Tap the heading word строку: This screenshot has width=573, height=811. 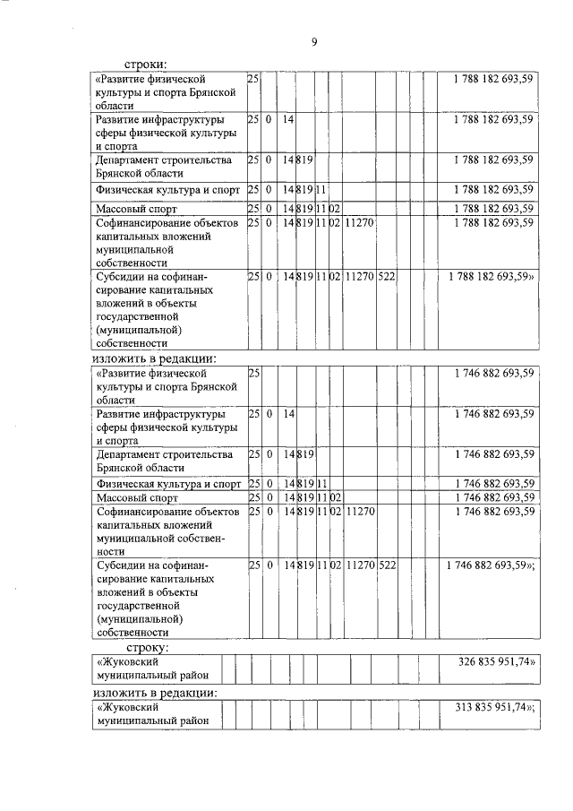click(x=149, y=646)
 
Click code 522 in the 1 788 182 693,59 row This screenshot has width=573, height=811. click(x=387, y=277)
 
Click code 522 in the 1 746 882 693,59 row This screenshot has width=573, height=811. click(x=387, y=566)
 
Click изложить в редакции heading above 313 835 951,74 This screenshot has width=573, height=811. click(x=156, y=693)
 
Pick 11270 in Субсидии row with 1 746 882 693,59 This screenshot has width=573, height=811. click(x=359, y=566)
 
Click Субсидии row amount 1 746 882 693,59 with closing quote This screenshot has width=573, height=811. click(x=491, y=566)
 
